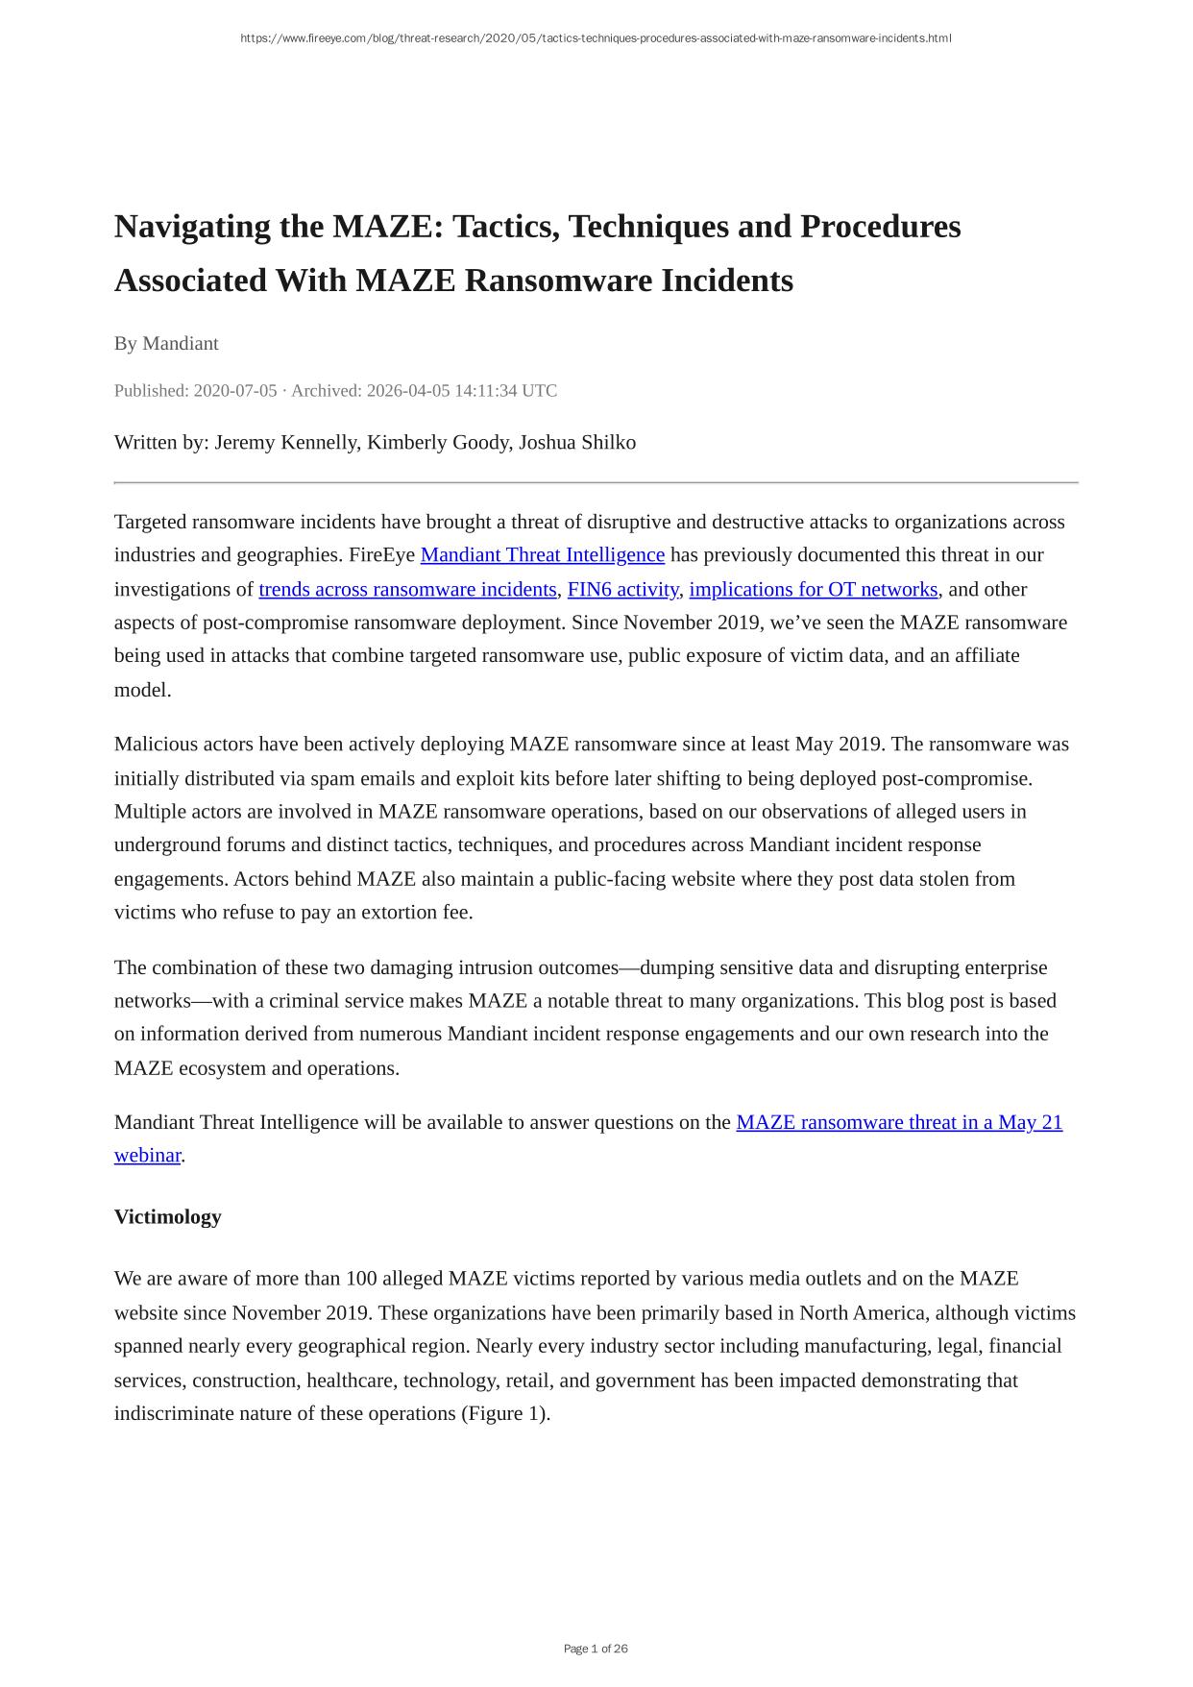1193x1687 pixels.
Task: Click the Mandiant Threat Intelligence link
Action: [x=543, y=555]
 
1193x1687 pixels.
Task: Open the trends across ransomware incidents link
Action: [x=407, y=589]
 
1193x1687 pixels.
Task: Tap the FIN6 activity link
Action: [x=622, y=589]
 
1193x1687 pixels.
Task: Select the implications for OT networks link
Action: [x=813, y=589]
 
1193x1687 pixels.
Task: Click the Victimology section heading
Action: [x=167, y=1217]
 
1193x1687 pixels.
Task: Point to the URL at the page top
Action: [x=596, y=38]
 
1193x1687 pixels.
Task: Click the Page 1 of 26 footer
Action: [x=596, y=1649]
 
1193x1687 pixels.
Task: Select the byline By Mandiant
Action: [x=166, y=344]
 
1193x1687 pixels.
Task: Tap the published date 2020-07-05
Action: [x=234, y=391]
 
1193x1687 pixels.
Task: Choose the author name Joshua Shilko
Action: [x=577, y=443]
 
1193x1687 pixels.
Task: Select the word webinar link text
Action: [x=147, y=1156]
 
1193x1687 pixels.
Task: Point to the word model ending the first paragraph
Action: [x=141, y=690]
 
